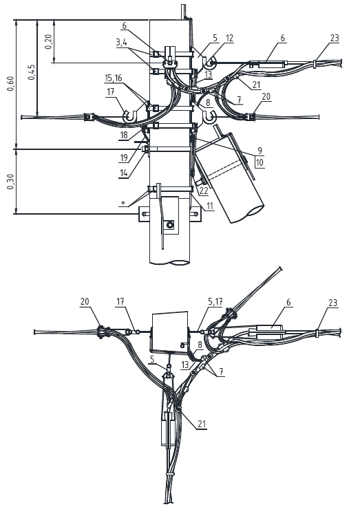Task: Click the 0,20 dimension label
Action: (x=49, y=42)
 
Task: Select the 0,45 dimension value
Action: (x=32, y=72)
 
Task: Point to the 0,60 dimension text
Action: (x=11, y=83)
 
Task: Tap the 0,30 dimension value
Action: (x=11, y=182)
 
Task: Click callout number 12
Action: (x=229, y=38)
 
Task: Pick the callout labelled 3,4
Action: (x=122, y=42)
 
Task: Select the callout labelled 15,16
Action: (x=114, y=78)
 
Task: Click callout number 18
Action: (x=124, y=135)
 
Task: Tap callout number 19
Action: (x=124, y=158)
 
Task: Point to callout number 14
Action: (x=124, y=173)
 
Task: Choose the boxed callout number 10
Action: (x=260, y=162)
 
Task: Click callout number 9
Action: (x=260, y=151)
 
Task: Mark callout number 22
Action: (x=204, y=191)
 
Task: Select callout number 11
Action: (x=210, y=206)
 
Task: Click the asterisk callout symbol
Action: (x=123, y=203)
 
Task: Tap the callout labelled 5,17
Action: (x=215, y=301)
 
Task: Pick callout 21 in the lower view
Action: (x=202, y=424)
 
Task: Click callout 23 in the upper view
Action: (x=335, y=38)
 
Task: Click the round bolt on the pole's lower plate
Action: (x=170, y=225)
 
